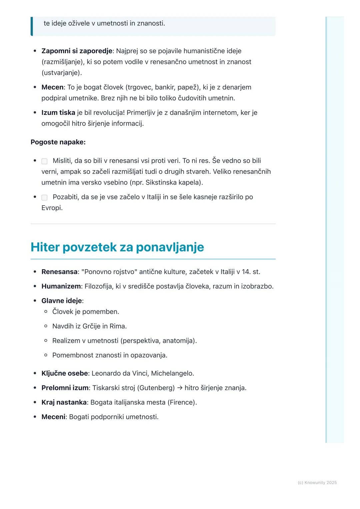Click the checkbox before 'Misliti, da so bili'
(44, 161)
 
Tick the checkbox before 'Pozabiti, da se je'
(44, 198)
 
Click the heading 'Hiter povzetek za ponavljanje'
(117, 247)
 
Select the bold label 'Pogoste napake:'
(58, 142)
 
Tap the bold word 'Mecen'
(52, 87)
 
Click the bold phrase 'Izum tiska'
(58, 113)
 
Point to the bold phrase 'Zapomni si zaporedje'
(77, 51)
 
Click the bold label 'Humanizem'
(61, 286)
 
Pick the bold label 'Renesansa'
(59, 272)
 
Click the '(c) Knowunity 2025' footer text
(317, 483)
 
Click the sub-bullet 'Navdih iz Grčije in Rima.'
(89, 326)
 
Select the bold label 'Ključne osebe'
(64, 373)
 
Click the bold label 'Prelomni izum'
(65, 388)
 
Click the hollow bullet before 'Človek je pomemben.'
(46, 312)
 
